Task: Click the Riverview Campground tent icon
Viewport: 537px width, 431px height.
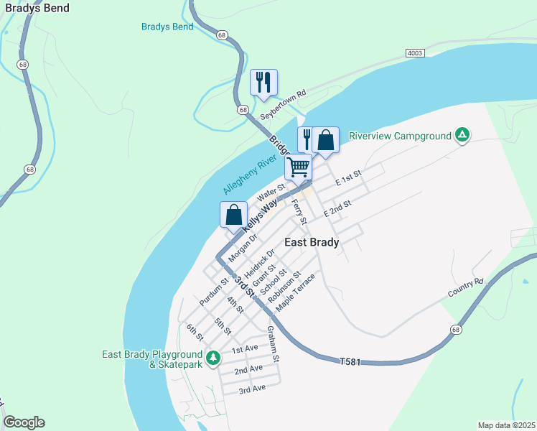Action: point(463,135)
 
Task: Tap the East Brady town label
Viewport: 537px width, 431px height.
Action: point(312,242)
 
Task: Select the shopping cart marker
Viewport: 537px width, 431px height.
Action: point(298,167)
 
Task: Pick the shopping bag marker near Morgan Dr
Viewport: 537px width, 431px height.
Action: point(233,214)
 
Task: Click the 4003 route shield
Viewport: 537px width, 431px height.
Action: point(415,53)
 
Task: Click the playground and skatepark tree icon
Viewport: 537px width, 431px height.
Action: point(213,357)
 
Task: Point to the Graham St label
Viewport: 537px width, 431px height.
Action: point(273,343)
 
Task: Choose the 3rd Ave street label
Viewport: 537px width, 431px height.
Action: point(253,388)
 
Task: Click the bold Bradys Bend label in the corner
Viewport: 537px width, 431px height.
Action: point(37,9)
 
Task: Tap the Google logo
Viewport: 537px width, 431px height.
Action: point(24,422)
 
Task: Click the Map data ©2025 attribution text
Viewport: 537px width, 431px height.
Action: point(505,425)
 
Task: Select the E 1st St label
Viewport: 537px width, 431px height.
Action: point(349,178)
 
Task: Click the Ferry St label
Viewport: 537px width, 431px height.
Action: point(299,213)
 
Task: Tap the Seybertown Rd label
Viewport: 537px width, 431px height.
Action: point(283,105)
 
